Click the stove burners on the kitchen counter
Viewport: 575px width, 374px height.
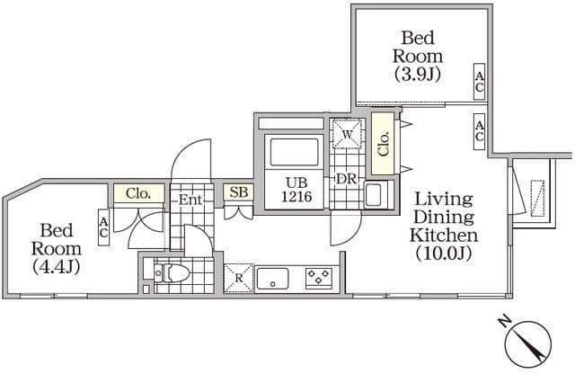point(317,277)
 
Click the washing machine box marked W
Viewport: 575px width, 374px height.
point(347,135)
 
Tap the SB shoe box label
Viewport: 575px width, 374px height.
point(238,191)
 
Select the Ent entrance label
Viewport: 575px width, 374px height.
point(190,199)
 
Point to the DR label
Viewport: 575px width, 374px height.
point(347,178)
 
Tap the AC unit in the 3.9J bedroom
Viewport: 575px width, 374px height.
point(480,84)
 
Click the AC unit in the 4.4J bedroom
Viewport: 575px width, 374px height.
point(104,227)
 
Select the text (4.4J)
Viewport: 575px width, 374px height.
point(57,266)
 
